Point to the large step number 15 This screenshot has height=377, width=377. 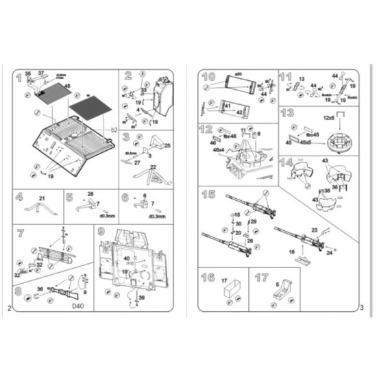pyautogui.click(x=208, y=195)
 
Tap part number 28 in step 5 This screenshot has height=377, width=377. pyautogui.click(x=90, y=195)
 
